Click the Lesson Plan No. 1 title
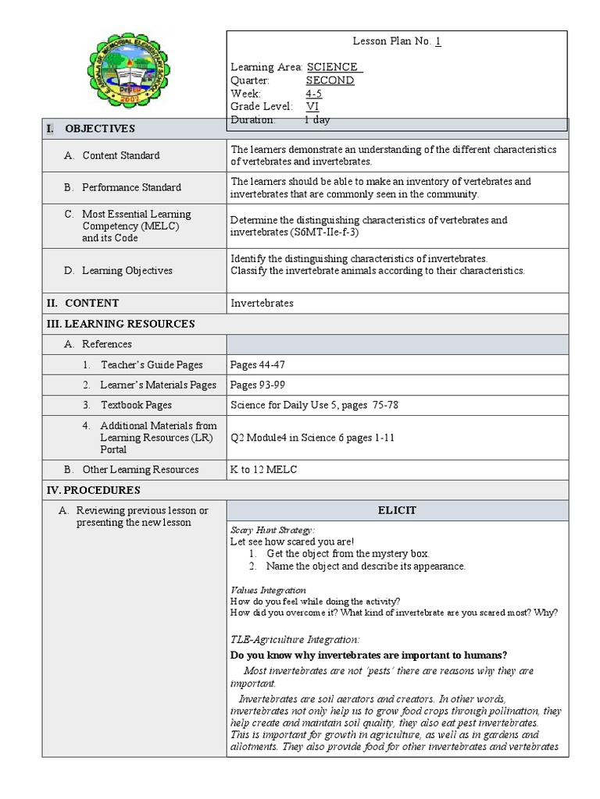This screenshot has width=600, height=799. coord(397,41)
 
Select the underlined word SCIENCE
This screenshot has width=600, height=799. coord(334,67)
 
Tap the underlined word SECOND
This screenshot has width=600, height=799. coord(330,80)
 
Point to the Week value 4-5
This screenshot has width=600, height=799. coord(313,94)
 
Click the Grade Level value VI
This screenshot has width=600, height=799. coord(312,107)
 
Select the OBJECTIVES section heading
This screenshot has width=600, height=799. coord(99,129)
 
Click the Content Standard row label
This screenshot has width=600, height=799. coord(120,155)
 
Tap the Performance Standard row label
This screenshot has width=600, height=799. coord(131,187)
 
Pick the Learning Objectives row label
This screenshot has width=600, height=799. coord(127,271)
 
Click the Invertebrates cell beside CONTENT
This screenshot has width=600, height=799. coord(262,303)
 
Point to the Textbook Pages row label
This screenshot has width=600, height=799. coord(136,405)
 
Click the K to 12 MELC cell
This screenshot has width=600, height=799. coord(263,470)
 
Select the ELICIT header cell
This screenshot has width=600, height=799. coord(397,510)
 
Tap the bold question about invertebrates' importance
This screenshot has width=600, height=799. coord(369,655)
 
